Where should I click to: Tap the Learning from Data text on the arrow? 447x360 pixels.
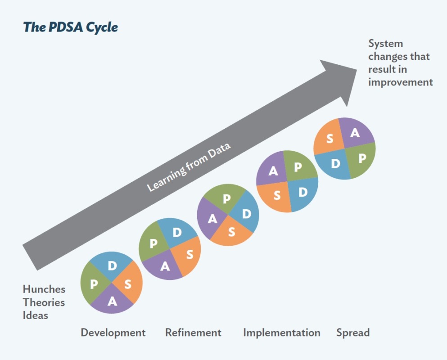pyautogui.click(x=189, y=167)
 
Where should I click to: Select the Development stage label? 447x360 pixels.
pyautogui.click(x=113, y=333)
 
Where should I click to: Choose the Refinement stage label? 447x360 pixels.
pyautogui.click(x=193, y=333)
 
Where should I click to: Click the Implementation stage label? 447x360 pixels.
pyautogui.click(x=281, y=333)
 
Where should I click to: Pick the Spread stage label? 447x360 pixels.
pyautogui.click(x=353, y=333)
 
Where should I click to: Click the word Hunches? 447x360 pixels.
pyautogui.click(x=44, y=289)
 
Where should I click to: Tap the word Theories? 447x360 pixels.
pyautogui.click(x=44, y=302)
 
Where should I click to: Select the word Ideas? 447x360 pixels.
pyautogui.click(x=35, y=315)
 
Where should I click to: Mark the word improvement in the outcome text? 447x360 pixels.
pyautogui.click(x=400, y=82)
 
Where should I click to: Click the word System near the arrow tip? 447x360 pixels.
pyautogui.click(x=385, y=44)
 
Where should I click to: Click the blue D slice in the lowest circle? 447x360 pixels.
pyautogui.click(x=112, y=265)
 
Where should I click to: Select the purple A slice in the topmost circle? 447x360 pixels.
pyautogui.click(x=355, y=132)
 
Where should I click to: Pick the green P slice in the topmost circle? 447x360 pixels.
pyautogui.click(x=362, y=158)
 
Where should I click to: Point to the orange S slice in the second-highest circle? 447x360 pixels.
pyautogui.click(x=277, y=195)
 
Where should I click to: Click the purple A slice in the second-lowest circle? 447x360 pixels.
pyautogui.click(x=165, y=266)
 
